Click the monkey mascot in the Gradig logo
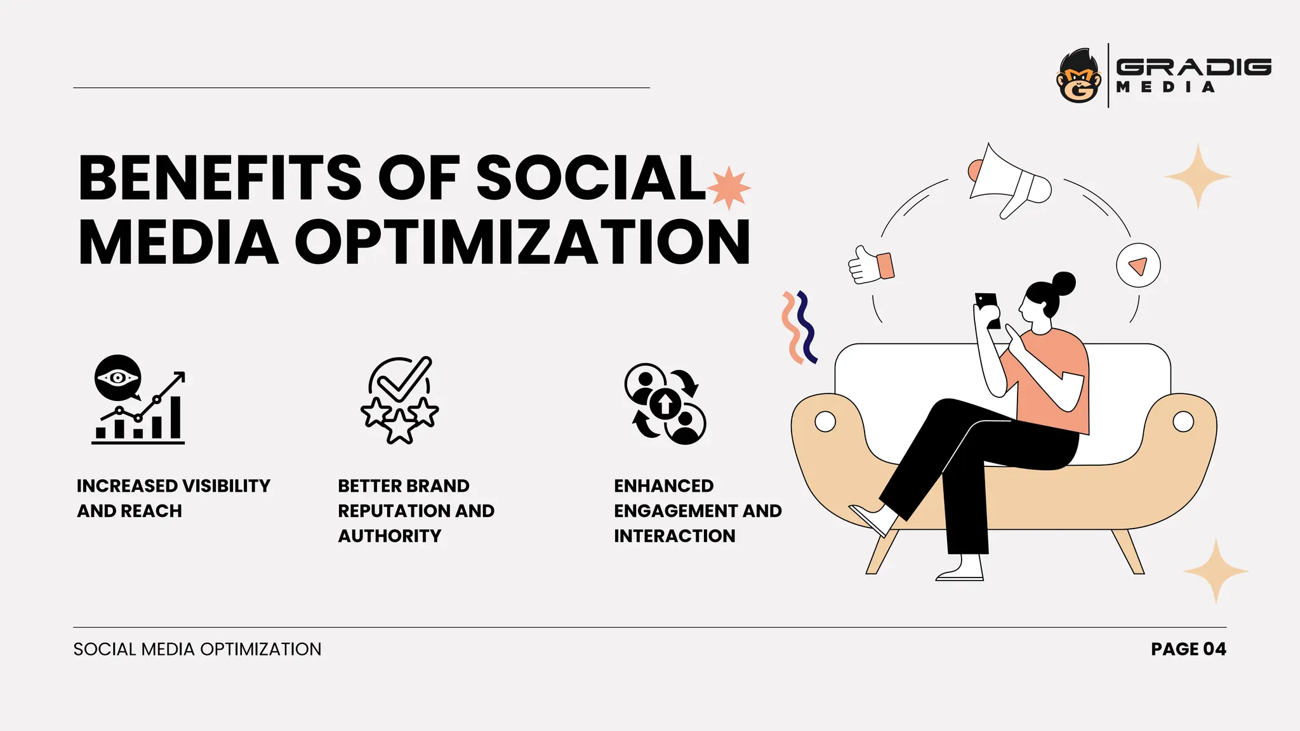(1078, 76)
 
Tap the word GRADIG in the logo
(1193, 67)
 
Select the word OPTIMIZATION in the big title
(522, 242)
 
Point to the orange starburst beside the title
(729, 188)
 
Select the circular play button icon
(1138, 265)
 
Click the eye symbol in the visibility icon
(117, 378)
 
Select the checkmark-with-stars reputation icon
(400, 400)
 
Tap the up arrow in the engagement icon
(665, 404)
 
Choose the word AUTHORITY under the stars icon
(389, 536)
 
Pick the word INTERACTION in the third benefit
(674, 536)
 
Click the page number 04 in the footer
(1214, 649)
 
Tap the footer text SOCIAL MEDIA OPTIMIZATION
(197, 649)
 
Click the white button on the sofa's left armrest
(825, 421)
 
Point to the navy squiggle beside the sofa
(806, 327)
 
